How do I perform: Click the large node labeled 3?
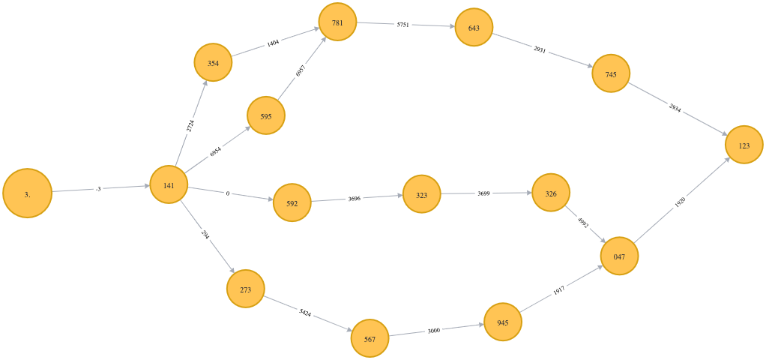click(x=28, y=193)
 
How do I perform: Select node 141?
click(x=169, y=184)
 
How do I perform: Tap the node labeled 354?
click(x=214, y=63)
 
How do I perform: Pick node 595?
click(x=266, y=115)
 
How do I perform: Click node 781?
click(x=337, y=22)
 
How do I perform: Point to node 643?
click(x=474, y=28)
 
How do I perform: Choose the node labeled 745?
click(x=611, y=73)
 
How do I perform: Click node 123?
click(x=744, y=145)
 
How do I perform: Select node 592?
click(x=292, y=202)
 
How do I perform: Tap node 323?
click(x=421, y=194)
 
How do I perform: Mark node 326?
click(x=551, y=193)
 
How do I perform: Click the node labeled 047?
click(x=619, y=256)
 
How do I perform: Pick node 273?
click(x=246, y=289)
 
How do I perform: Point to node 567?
click(x=370, y=338)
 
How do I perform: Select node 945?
click(x=502, y=322)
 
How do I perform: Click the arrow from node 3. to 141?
click(x=101, y=188)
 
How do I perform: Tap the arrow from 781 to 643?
click(x=405, y=25)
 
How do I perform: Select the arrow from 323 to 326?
click(x=486, y=193)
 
